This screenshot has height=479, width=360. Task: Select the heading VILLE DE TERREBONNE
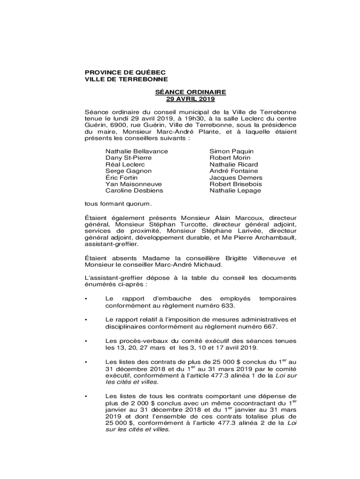point(126,80)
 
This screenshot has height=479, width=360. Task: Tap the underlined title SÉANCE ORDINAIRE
point(190,93)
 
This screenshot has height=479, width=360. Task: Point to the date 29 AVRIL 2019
point(190,99)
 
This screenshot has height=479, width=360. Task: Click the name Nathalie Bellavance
point(137,152)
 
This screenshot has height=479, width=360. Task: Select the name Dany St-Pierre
point(129,158)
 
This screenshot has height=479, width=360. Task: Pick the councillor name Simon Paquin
point(231,152)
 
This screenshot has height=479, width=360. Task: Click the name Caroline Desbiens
point(134,191)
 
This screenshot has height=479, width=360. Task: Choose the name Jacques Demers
point(236,178)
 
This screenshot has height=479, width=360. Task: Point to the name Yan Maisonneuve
point(134,184)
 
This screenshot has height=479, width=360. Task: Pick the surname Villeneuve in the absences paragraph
point(270,258)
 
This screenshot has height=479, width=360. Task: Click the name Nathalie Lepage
point(235,191)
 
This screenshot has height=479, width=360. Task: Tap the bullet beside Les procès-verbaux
point(86,342)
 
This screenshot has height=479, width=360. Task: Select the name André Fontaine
point(233,171)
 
